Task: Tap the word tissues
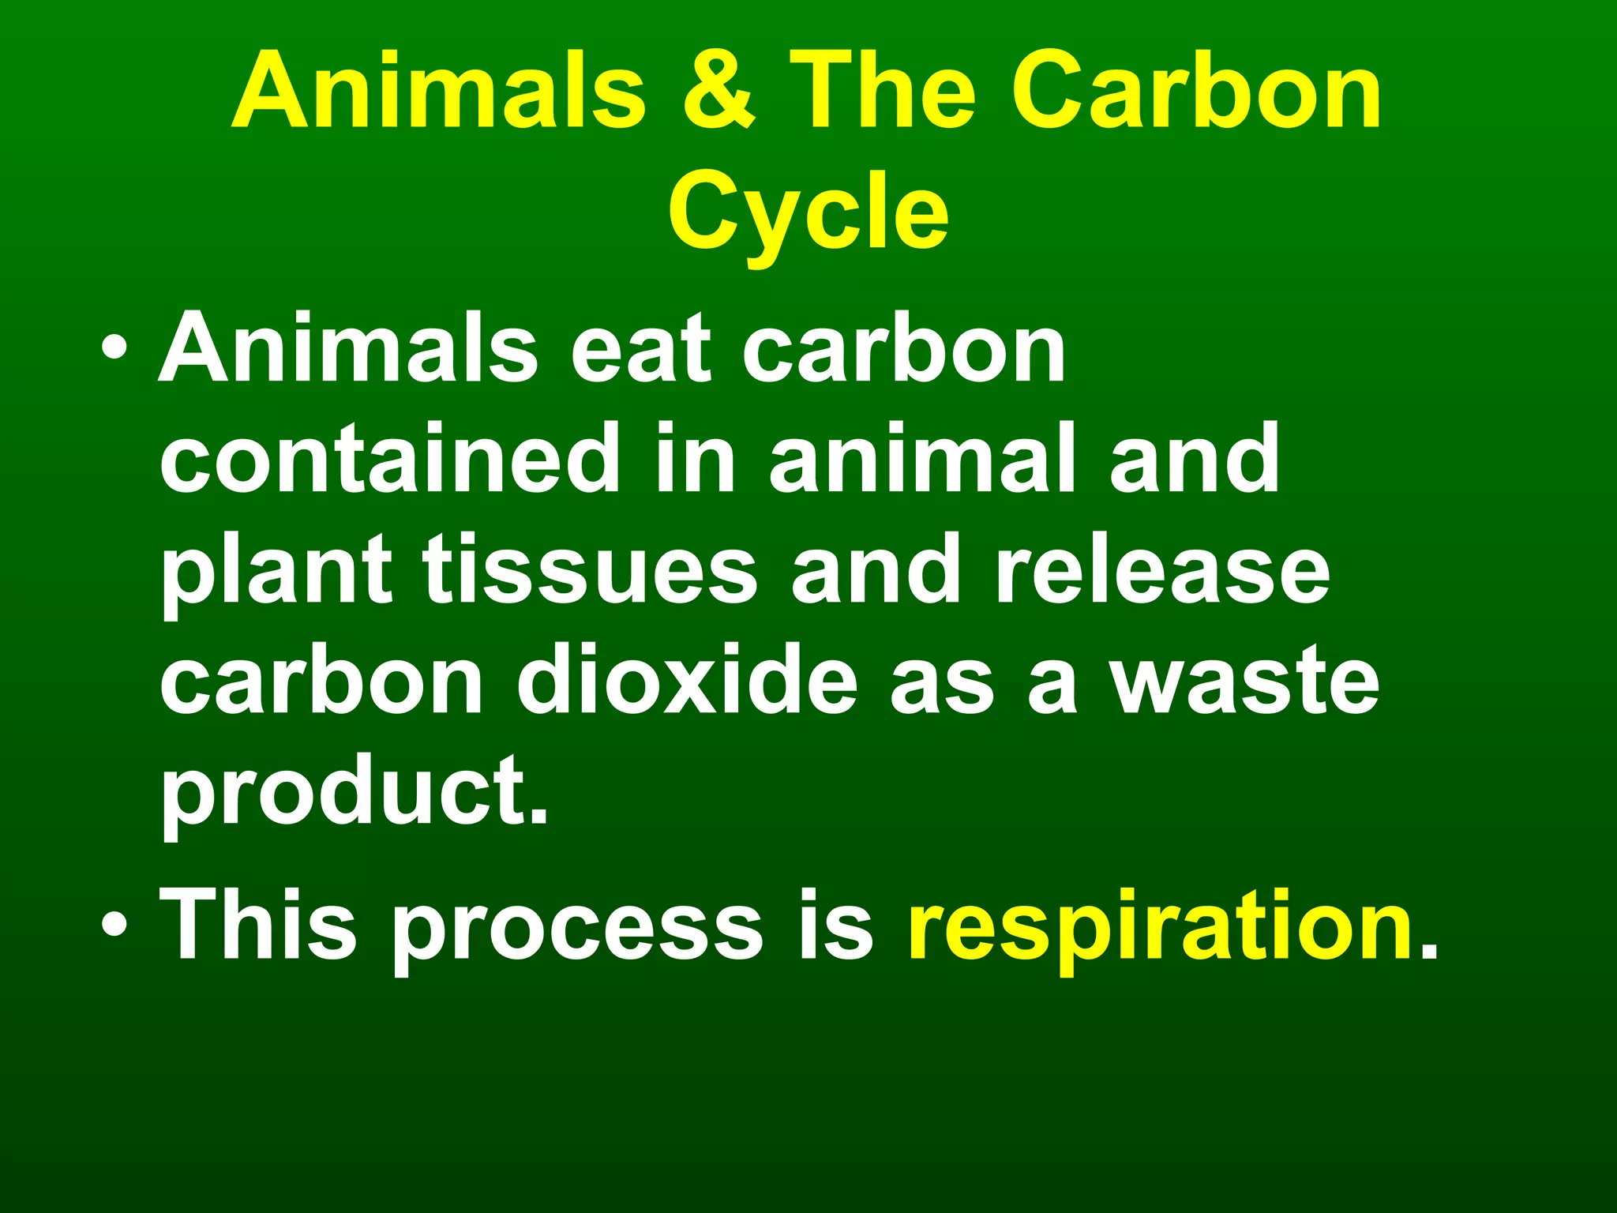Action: pyautogui.click(x=589, y=569)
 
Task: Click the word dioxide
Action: pyautogui.click(x=687, y=679)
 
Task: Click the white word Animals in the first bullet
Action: pyautogui.click(x=348, y=347)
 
